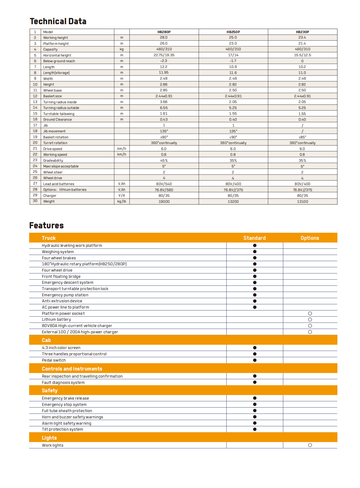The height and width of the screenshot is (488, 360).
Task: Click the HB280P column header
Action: [x=164, y=32]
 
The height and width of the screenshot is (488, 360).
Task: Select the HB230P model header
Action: [x=302, y=32]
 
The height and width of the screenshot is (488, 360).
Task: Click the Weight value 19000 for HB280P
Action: [x=164, y=201]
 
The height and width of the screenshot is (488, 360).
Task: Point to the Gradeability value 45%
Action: [x=164, y=160]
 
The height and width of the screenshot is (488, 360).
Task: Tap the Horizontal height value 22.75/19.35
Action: [x=164, y=55]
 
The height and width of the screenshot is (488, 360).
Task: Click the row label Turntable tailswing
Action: [x=59, y=114]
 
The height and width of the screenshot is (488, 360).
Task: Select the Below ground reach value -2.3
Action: [x=164, y=61]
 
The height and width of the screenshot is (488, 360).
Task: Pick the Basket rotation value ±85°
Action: [x=302, y=137]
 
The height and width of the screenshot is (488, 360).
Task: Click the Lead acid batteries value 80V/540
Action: [x=164, y=184]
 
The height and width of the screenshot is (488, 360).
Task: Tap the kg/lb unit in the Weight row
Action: [x=122, y=201]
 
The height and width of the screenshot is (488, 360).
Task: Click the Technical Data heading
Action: [x=58, y=21]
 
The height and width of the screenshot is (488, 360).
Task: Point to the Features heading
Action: [x=47, y=225]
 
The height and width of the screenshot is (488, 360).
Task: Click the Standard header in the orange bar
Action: [x=254, y=238]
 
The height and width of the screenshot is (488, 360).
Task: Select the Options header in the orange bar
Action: [x=310, y=238]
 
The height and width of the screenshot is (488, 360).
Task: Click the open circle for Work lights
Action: [x=310, y=445]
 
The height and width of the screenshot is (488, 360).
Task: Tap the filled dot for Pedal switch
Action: [x=255, y=360]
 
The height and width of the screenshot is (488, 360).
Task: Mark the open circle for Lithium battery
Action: [x=310, y=320]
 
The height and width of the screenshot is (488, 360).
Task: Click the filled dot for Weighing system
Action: [x=255, y=252]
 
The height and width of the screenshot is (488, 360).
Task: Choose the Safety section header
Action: [x=50, y=390]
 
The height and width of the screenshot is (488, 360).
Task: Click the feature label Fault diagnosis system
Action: [x=63, y=383]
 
